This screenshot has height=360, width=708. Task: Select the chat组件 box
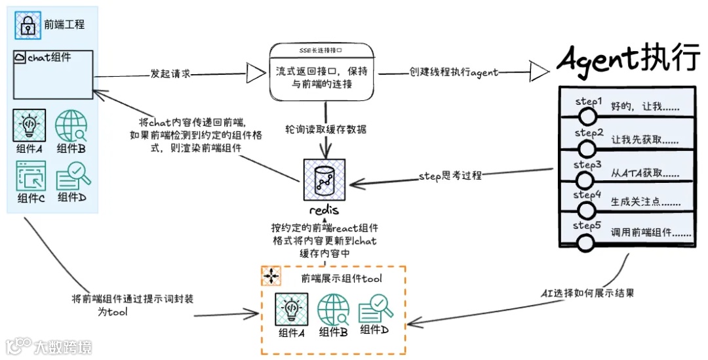click(x=53, y=75)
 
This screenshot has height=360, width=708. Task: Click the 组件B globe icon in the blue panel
click(x=71, y=126)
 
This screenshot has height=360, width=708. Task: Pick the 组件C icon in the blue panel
click(x=29, y=176)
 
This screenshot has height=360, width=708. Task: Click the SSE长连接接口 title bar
click(x=321, y=50)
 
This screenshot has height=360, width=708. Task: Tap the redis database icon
click(x=323, y=179)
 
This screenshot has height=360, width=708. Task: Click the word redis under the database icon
click(x=323, y=210)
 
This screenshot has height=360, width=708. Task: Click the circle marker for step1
click(x=587, y=117)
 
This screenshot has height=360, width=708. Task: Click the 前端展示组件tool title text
click(x=342, y=279)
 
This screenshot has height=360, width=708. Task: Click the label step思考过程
click(x=450, y=175)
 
